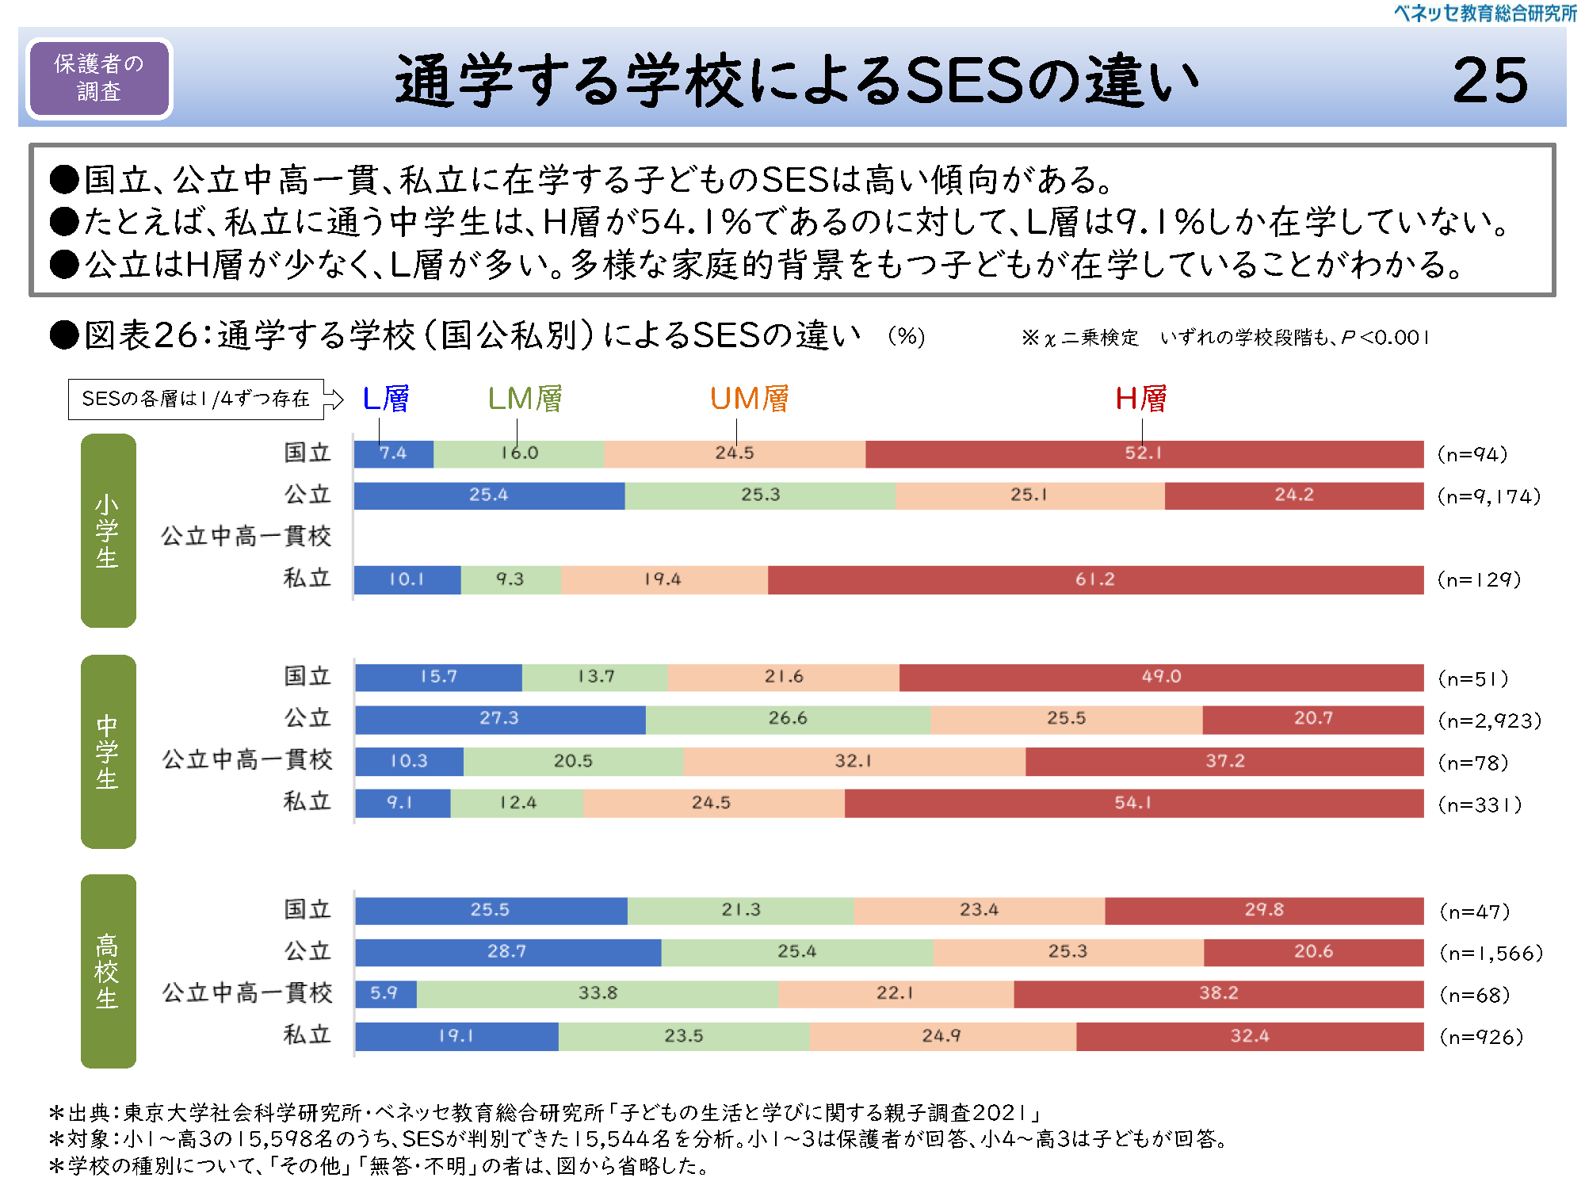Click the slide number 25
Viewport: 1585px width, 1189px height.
1489,80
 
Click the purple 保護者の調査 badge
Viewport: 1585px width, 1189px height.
99,78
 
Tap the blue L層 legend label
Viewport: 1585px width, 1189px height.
385,399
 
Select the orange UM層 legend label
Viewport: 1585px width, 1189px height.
749,399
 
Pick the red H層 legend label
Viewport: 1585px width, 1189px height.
1140,399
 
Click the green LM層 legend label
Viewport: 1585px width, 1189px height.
525,399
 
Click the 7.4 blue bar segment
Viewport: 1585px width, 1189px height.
393,453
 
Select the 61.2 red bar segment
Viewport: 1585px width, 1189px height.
1094,579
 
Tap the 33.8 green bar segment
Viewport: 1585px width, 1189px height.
598,993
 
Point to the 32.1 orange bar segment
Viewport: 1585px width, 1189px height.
854,761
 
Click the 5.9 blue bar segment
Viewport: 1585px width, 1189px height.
384,993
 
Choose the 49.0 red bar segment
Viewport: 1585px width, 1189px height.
1161,677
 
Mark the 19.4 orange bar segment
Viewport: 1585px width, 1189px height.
663,579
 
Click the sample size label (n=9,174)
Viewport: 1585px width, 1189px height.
1489,497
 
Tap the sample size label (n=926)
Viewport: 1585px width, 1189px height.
1481,1037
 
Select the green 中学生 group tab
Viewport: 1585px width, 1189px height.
108,751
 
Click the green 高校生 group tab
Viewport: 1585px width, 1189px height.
108,971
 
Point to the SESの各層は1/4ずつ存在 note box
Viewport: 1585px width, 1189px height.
196,399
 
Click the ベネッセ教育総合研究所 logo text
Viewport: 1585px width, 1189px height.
1485,13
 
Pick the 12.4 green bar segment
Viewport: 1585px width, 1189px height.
518,803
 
